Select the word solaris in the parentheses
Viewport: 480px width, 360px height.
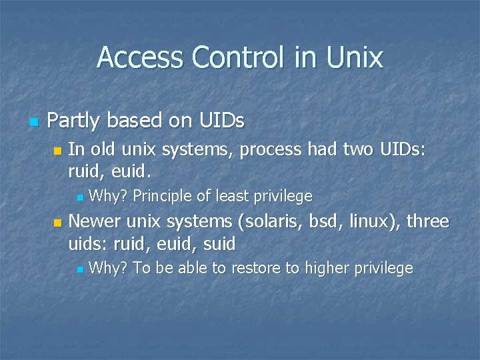tap(267, 221)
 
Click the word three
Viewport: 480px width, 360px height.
tap(427, 221)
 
